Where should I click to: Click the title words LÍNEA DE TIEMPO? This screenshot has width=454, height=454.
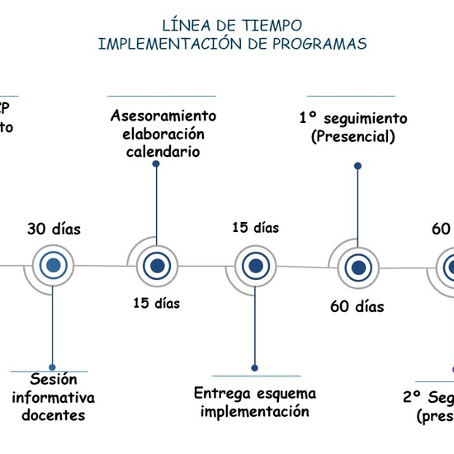232,26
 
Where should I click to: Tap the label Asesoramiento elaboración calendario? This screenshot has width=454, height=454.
163,134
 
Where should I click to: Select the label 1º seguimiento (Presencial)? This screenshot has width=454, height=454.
353,127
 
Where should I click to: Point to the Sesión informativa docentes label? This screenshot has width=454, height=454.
53,397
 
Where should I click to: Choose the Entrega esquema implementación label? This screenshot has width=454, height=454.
254,403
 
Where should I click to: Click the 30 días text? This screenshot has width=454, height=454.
54,229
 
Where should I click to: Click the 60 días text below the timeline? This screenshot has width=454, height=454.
357,307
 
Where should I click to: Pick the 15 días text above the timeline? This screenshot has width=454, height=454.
255,227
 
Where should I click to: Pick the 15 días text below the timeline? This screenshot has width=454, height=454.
156,303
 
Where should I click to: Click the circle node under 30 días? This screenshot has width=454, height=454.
54,266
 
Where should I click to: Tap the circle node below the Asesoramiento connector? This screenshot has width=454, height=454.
155,266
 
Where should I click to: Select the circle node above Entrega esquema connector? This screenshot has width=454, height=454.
255,266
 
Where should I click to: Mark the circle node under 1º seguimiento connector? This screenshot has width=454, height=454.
357,267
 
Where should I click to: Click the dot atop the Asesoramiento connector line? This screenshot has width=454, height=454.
155,164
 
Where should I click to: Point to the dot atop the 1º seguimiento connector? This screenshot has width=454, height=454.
357,166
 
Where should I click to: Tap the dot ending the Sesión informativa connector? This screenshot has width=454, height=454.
53,367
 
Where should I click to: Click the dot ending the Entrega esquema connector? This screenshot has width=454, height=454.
255,367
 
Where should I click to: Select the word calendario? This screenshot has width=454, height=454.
163,152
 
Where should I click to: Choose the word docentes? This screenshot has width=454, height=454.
53,415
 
